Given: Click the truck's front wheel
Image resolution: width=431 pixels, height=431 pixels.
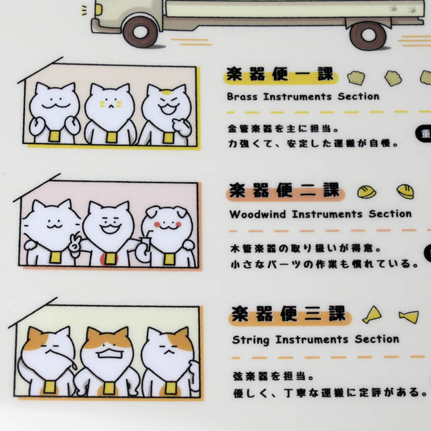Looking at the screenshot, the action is [141, 32].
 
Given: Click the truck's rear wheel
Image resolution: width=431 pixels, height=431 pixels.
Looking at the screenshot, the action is [368, 36].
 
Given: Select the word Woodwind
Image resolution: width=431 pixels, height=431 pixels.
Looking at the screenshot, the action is [257, 214].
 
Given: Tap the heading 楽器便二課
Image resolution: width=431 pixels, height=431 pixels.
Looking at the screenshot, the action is [285, 191].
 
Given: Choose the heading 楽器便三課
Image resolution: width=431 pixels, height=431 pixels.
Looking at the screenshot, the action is [289, 314].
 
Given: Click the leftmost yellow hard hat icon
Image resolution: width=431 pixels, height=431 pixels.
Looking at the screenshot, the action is [366, 191].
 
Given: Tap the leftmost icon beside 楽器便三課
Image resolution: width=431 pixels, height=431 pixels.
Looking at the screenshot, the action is [372, 314].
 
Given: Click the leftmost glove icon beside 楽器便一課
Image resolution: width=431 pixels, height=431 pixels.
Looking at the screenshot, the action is [356, 78].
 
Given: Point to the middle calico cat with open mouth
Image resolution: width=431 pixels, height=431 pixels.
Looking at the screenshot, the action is [108, 361].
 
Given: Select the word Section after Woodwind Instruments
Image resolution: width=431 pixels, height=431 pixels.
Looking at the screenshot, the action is [390, 214].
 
